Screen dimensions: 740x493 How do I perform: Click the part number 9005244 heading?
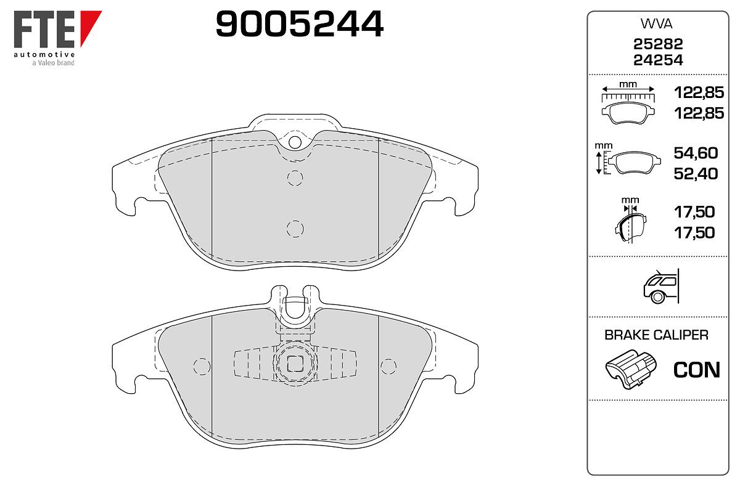[x=299, y=24]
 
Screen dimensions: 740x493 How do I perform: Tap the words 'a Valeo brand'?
[x=53, y=63]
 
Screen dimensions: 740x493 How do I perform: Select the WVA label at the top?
[x=656, y=24]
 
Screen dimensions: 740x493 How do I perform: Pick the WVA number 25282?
[x=658, y=44]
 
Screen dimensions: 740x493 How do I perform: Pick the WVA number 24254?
[x=658, y=60]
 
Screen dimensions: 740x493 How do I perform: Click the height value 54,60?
[x=696, y=153]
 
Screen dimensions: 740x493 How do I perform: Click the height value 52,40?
[x=696, y=174]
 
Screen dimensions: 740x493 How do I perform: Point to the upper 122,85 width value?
[x=699, y=92]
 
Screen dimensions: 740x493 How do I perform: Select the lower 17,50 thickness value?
[x=694, y=233]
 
